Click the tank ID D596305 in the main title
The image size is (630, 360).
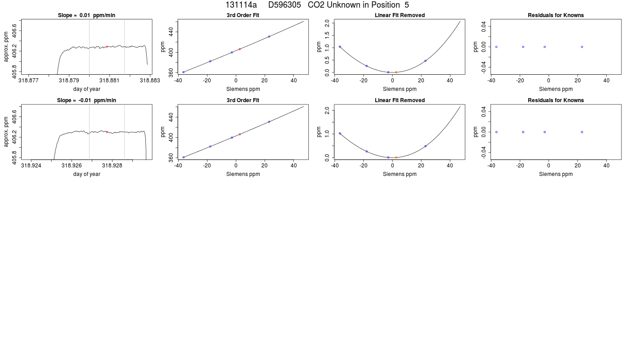click(x=284, y=5)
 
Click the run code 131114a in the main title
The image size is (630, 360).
click(x=241, y=5)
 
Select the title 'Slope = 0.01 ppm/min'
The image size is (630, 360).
click(x=86, y=15)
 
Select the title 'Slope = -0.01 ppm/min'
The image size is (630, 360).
click(x=86, y=100)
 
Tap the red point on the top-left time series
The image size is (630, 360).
click(x=107, y=47)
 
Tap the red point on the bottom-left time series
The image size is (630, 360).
click(x=107, y=132)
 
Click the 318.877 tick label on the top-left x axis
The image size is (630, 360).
click(x=28, y=81)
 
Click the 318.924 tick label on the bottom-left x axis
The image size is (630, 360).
click(x=31, y=166)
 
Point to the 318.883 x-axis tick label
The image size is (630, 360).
click(x=150, y=81)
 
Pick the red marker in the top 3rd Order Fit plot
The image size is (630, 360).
click(x=239, y=49)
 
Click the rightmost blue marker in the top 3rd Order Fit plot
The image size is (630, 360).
click(x=269, y=36)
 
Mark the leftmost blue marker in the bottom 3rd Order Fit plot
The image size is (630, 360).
click(x=184, y=157)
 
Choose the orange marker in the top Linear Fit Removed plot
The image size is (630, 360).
click(x=396, y=72)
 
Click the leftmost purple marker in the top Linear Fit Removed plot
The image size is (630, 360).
click(x=340, y=47)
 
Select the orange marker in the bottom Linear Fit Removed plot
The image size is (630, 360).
click(x=396, y=157)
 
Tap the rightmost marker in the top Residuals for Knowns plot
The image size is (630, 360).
click(x=582, y=47)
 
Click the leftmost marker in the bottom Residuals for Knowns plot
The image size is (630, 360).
click(x=496, y=132)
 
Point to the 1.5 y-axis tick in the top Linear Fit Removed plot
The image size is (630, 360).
click(x=327, y=35)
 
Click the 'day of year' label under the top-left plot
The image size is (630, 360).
click(x=86, y=89)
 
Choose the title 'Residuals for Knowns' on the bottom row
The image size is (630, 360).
click(x=556, y=100)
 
